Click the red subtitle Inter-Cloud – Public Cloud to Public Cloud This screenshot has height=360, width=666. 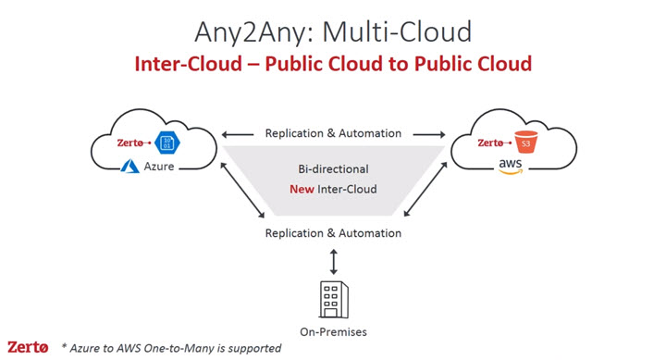point(333,64)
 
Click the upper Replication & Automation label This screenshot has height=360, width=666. point(333,133)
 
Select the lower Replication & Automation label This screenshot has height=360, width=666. point(333,233)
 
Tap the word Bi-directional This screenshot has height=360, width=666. point(333,170)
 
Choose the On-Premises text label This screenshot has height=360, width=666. point(333,331)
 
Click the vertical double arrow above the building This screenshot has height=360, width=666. point(333,258)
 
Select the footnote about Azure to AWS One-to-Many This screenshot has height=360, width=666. point(171,348)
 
